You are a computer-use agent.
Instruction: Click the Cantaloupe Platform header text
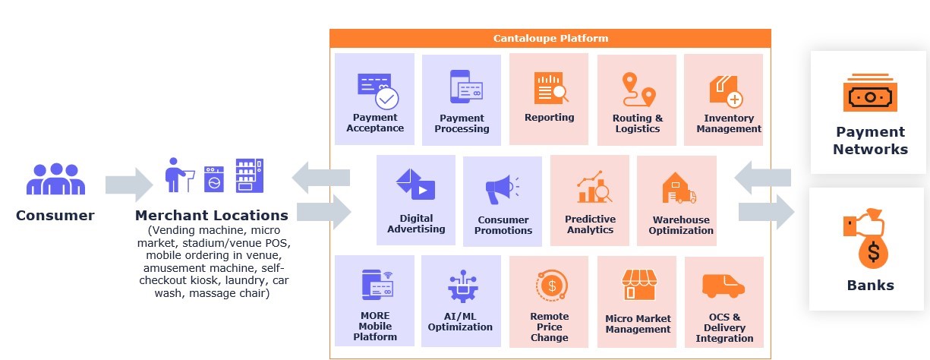pyautogui.click(x=550, y=38)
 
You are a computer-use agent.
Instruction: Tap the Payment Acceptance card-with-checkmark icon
pyautogui.click(x=377, y=90)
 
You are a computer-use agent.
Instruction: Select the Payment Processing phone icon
pyautogui.click(x=465, y=87)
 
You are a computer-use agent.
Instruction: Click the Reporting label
pyautogui.click(x=549, y=118)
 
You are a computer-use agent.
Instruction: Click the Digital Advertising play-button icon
pyautogui.click(x=415, y=185)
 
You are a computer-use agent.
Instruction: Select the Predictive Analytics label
pyautogui.click(x=590, y=225)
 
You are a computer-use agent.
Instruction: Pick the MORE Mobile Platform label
pyautogui.click(x=375, y=326)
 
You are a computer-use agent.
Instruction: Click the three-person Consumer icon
pyautogui.click(x=55, y=179)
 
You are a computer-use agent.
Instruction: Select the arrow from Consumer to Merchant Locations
pyautogui.click(x=129, y=184)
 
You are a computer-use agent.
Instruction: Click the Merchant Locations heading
pyautogui.click(x=212, y=216)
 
